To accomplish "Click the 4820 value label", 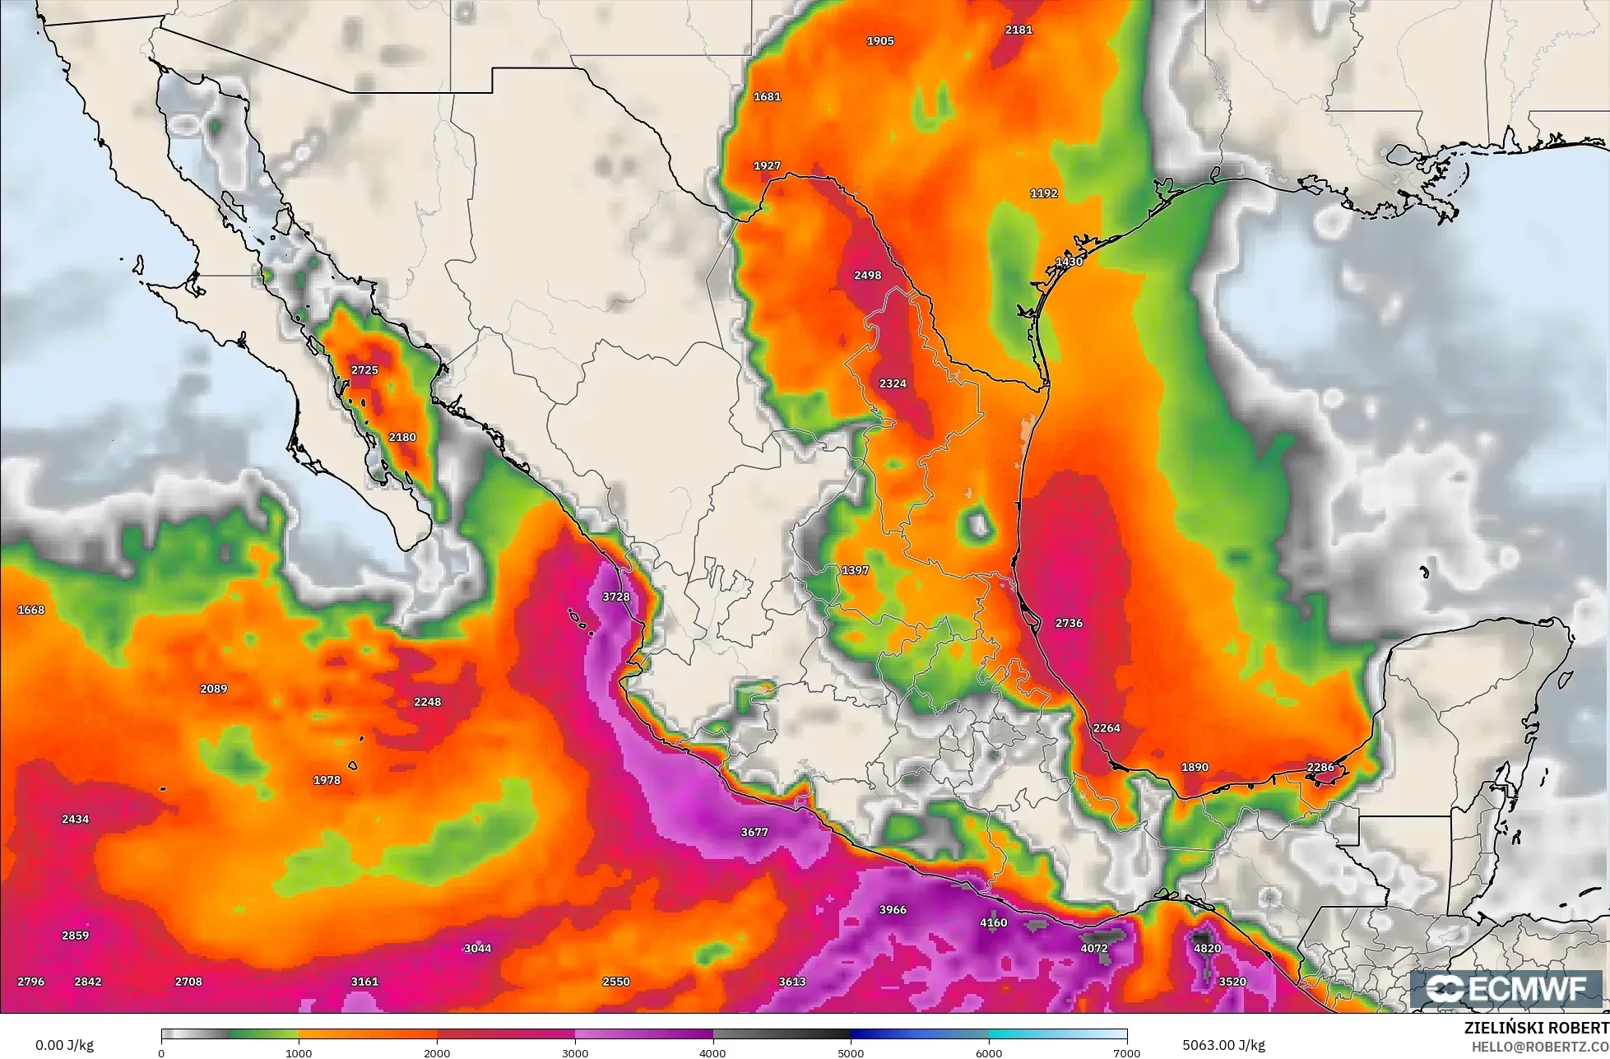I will (1207, 948).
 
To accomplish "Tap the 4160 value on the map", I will (993, 922).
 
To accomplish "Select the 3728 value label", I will (615, 597).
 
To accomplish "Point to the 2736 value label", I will (1069, 623).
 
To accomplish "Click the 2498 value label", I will (867, 275).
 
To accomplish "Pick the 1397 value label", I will (855, 570).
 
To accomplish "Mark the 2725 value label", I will (364, 370).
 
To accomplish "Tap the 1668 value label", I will (30, 610).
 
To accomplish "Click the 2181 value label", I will (1018, 30).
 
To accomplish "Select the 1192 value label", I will (1043, 193).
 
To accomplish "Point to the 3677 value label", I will (754, 832).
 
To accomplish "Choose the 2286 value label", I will (1320, 767).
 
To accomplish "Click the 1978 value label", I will (327, 780).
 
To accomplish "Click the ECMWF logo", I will (1508, 988).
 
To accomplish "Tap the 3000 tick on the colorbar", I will (575, 1052).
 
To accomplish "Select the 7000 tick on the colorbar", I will (1126, 1052).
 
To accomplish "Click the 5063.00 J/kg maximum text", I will (1223, 1045).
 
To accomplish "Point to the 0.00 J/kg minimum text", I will (64, 1045).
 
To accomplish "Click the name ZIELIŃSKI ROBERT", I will (1536, 1028).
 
